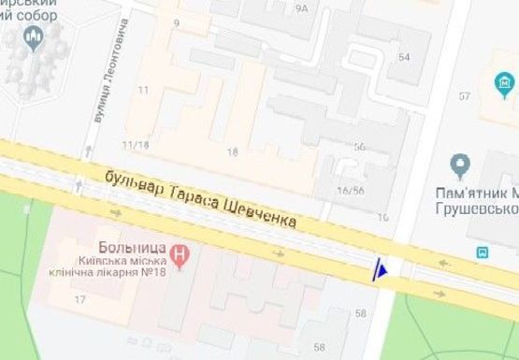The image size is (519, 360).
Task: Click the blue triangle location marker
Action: point(380,270)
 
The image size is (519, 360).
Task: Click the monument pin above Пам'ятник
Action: point(459,166)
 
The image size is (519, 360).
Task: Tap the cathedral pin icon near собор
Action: point(36,39)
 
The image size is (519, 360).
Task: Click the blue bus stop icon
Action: point(483,252)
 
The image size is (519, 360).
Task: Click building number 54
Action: point(404,57)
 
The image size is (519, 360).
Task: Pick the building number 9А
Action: point(301,8)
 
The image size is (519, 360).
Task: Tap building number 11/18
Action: point(136,145)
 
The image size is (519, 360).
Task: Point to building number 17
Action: point(79,300)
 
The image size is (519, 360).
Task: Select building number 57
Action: point(464,96)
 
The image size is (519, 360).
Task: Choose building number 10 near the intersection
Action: point(382,217)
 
